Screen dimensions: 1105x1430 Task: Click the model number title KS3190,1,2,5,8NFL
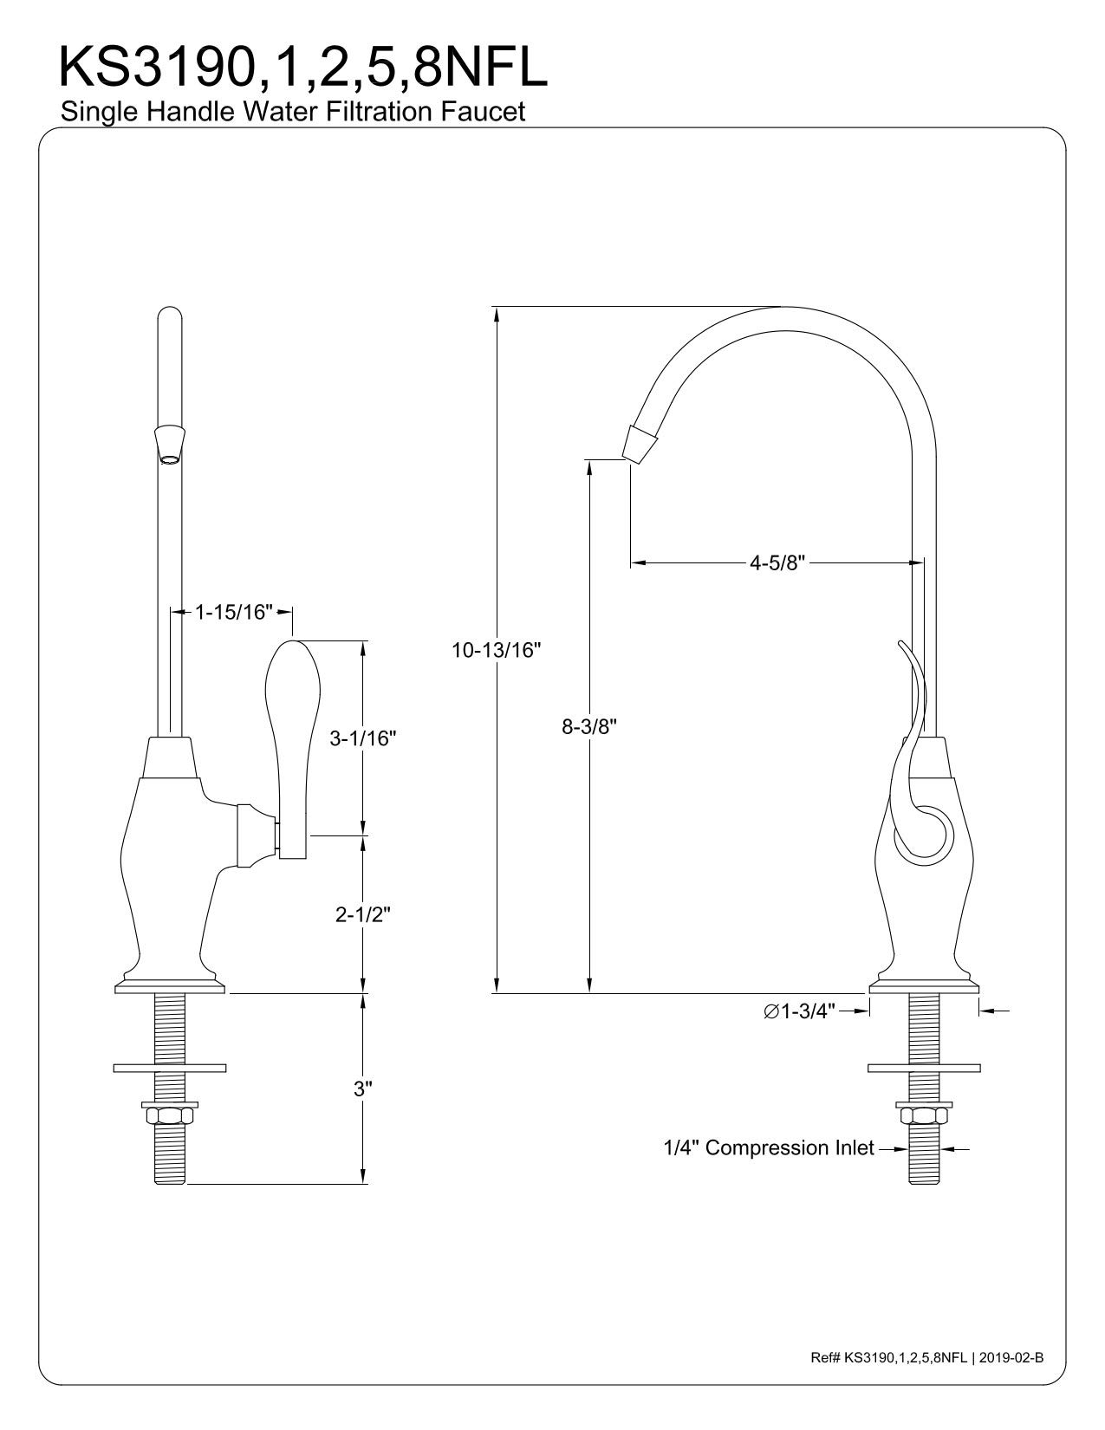click(303, 68)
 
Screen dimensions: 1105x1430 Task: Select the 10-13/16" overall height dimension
click(496, 650)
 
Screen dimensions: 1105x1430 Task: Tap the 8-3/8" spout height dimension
click(589, 726)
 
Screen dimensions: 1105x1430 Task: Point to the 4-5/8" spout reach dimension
click(777, 563)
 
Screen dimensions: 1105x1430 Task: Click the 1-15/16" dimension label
click(233, 612)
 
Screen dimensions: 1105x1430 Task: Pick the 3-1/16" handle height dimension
click(362, 739)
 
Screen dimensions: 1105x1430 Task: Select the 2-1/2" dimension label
click(363, 914)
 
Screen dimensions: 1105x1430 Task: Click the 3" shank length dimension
click(362, 1089)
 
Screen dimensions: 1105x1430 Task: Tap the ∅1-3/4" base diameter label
click(800, 1011)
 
